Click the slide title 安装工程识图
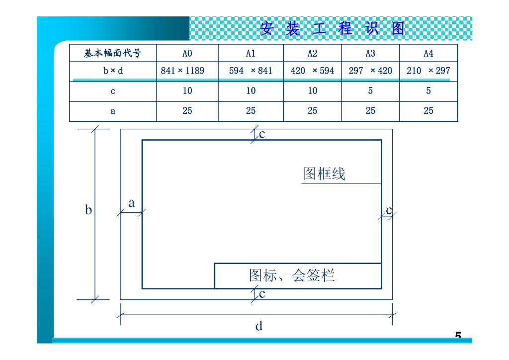coord(332,28)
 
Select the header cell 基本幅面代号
coord(113,53)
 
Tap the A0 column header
coord(187,53)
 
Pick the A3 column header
coord(370,53)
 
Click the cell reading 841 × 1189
coord(182,71)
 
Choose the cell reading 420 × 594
coord(312,71)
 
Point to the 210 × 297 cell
coord(428,71)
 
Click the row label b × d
coord(113,71)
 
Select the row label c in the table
coord(113,91)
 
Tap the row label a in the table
coord(113,111)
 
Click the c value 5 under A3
coord(370,91)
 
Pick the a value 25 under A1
coord(251,111)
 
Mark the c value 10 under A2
coord(312,91)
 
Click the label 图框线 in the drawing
coord(324,174)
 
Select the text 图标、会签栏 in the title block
coord(292,275)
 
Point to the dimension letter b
coord(88,210)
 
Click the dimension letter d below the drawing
coord(259,326)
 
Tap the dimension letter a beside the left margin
coord(132,203)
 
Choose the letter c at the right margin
coord(389,210)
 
